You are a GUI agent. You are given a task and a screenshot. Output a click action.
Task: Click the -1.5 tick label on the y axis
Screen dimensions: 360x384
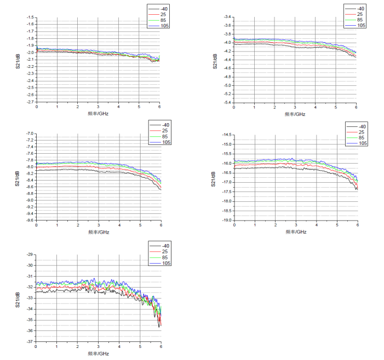point(31,18)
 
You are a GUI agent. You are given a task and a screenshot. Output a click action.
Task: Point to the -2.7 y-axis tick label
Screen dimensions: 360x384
point(31,101)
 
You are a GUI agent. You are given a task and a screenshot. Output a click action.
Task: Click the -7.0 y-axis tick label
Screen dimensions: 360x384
point(31,133)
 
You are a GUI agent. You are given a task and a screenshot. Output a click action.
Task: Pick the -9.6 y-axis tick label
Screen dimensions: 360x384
point(31,220)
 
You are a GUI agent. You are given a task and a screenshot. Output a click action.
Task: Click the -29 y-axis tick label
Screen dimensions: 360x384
point(30,254)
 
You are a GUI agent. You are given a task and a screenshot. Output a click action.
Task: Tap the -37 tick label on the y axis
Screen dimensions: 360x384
point(30,341)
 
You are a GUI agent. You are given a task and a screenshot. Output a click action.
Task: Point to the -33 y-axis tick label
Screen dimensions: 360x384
point(30,298)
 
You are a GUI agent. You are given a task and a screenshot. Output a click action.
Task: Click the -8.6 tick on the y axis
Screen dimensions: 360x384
point(31,187)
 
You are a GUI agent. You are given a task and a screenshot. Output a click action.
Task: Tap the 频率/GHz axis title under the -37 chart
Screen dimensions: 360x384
point(99,353)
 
